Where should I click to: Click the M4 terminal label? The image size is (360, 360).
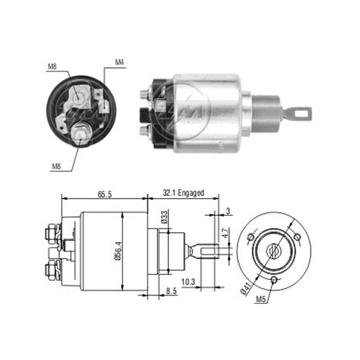[120, 62]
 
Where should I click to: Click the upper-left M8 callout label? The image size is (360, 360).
[52, 67]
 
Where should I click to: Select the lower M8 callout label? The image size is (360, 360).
[56, 166]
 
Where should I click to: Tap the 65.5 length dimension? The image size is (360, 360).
[104, 194]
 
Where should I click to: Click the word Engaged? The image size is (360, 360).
[191, 193]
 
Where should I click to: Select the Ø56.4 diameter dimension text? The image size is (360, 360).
[118, 251]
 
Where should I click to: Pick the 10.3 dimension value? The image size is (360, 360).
[188, 282]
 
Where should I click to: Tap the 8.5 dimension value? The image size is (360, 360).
[171, 291]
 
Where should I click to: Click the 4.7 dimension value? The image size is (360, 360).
[225, 233]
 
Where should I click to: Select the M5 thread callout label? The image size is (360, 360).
[261, 299]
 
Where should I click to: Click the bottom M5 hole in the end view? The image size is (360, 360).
[274, 280]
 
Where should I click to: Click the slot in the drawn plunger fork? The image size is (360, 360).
[209, 251]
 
